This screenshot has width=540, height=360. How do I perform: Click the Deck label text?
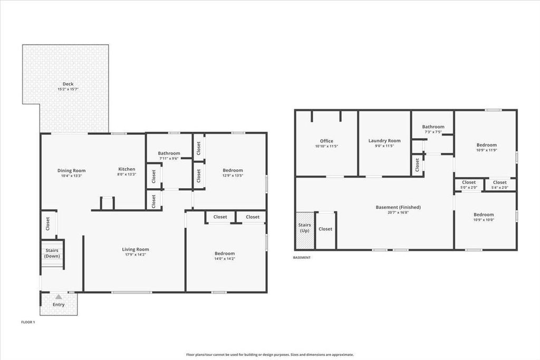tap(68, 84)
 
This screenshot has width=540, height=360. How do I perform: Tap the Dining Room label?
tap(72, 170)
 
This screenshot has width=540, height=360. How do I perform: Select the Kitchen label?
tap(127, 169)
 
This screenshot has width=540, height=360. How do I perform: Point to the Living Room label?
tap(136, 249)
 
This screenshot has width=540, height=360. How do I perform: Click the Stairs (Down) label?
tap(52, 254)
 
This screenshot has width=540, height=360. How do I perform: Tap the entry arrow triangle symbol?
tap(58, 297)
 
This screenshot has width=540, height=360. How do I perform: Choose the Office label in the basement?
tap(326, 141)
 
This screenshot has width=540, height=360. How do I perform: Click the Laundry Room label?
tap(384, 141)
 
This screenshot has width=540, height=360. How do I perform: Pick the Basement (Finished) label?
tap(398, 207)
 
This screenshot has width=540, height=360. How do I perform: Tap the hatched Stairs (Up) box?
tap(305, 231)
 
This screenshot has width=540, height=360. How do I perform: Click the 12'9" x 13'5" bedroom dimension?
tap(233, 176)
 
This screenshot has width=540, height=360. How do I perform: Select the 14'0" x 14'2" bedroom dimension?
tap(224, 259)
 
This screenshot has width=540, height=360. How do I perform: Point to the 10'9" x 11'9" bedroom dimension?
tap(486, 150)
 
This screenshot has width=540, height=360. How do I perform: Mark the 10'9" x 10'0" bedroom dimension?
tap(484, 220)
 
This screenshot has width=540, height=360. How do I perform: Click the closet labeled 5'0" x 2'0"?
tap(469, 187)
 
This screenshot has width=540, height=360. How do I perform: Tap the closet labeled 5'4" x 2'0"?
tap(499, 187)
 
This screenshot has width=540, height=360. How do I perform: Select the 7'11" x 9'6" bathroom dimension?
tap(169, 159)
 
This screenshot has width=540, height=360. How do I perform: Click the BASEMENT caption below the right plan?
tap(302, 258)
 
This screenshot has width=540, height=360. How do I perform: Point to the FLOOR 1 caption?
tap(28, 322)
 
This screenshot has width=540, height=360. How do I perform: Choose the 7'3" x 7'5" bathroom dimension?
tap(433, 132)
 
